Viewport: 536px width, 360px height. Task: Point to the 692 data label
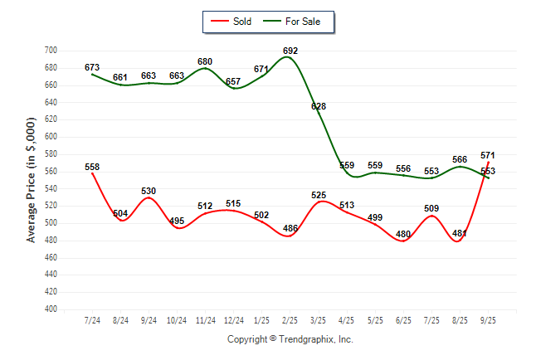[x=290, y=51]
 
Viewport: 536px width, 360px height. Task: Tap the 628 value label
[x=319, y=106]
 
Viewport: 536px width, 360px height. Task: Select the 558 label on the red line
[x=92, y=167]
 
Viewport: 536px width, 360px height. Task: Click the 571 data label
[x=488, y=155]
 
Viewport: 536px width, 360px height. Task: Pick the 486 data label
[x=290, y=228]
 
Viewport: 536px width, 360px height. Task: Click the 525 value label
[x=319, y=195]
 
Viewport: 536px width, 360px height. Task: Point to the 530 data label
[x=149, y=191]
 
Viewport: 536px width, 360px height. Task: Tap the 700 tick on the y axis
[x=51, y=51]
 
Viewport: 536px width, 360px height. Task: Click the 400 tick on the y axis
[x=51, y=309]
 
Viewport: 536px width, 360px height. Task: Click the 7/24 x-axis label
[x=92, y=320]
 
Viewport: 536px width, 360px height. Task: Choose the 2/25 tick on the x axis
[x=290, y=320]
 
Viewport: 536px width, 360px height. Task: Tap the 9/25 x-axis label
[x=488, y=320]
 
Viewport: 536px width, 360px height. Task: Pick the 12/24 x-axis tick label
[x=234, y=320]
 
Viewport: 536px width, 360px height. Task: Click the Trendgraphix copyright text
[x=290, y=339]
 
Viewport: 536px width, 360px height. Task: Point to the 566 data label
[x=460, y=159]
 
